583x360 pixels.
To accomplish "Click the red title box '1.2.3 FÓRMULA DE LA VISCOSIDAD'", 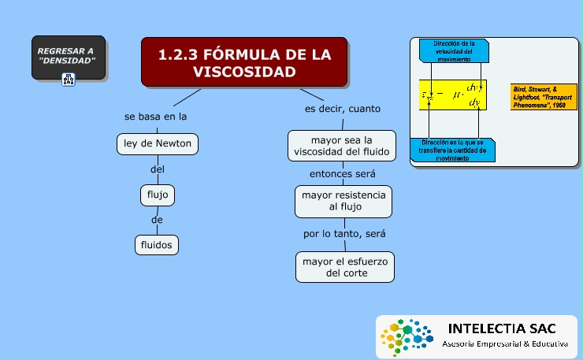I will point(244,62).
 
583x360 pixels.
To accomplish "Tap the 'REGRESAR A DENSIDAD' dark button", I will point(69,57).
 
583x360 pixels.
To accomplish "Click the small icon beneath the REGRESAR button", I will point(68,79).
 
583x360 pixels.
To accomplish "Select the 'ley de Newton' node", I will point(157,144).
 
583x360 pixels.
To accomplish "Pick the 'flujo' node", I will point(158,193).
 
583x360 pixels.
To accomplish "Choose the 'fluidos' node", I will point(157,244).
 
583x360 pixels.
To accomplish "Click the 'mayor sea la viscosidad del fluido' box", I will point(341,145).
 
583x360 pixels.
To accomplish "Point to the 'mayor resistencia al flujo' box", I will point(343,201).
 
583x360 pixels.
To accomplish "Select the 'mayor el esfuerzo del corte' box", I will point(345,266).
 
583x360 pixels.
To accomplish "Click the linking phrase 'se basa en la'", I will point(155,117).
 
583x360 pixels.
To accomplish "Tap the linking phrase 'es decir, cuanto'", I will point(343,109).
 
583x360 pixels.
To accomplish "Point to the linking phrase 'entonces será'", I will point(342,173).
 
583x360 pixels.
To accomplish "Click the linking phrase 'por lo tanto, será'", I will point(344,234).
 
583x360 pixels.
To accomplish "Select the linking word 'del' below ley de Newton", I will point(157,169).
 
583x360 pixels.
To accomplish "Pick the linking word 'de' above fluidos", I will point(157,219).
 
